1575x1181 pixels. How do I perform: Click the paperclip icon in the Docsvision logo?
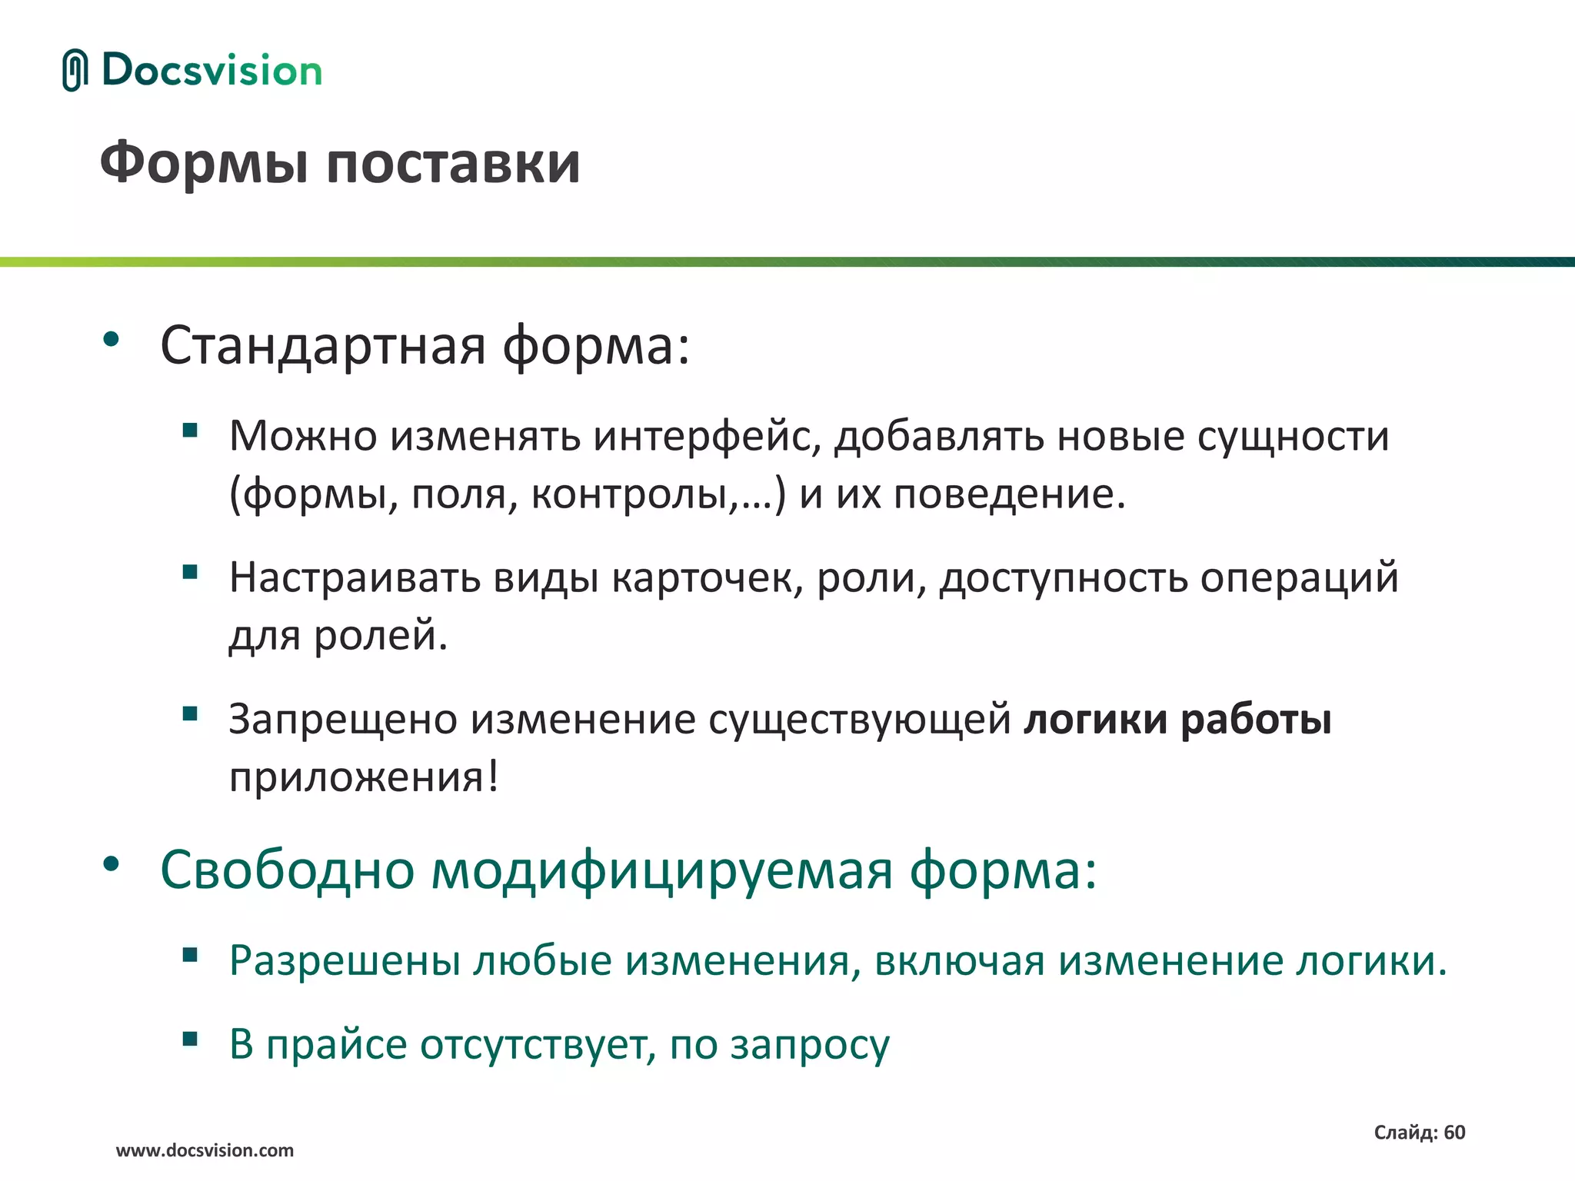click(75, 70)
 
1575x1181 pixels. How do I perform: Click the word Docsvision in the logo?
click(211, 70)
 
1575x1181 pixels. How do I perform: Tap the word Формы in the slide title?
click(207, 163)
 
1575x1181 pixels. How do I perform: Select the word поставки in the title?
click(453, 163)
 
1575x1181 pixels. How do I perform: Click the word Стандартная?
click(323, 345)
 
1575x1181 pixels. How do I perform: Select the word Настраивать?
click(355, 577)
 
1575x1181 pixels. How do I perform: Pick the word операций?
click(1299, 577)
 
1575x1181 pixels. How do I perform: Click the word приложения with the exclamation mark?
click(364, 777)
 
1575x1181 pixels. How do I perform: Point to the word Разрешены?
click(345, 960)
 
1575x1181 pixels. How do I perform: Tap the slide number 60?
click(1454, 1132)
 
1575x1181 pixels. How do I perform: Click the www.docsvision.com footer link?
click(205, 1150)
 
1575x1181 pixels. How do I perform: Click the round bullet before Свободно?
click(112, 864)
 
